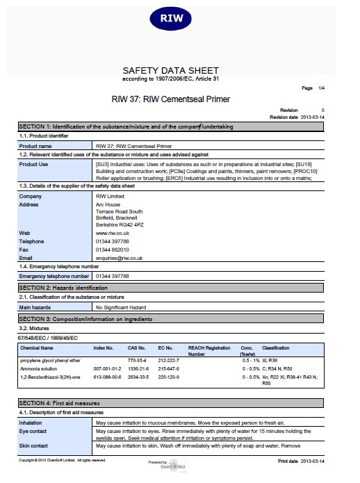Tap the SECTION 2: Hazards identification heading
point(63,287)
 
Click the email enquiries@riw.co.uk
point(119,258)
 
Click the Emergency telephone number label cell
point(54,276)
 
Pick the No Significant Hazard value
point(120,306)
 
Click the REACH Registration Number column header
point(208,350)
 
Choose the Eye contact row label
point(34,432)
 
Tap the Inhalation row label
point(32,423)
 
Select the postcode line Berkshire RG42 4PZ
point(120,224)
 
